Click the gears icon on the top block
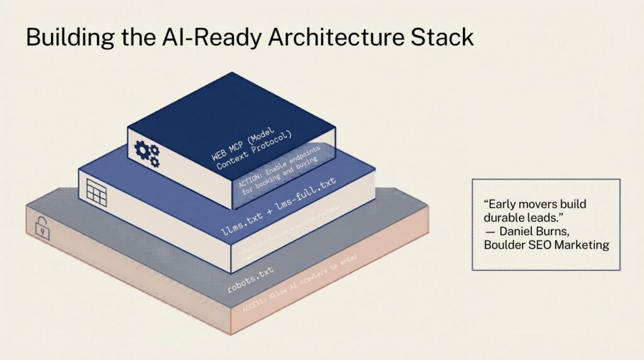[x=147, y=153]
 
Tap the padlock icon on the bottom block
[x=42, y=228]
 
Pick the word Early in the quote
[x=500, y=205]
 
